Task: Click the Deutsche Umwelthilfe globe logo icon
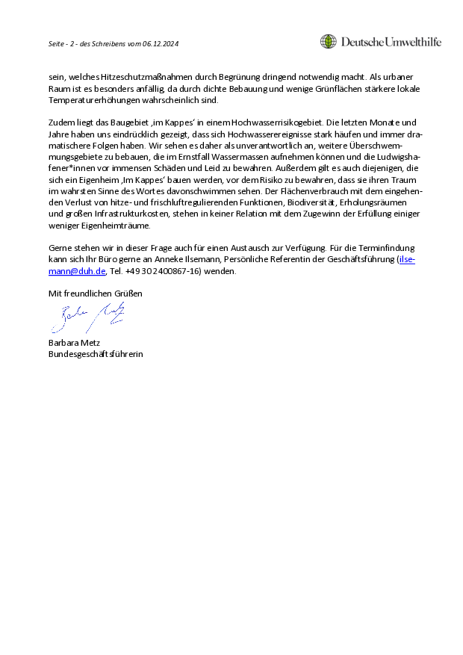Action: pos(328,42)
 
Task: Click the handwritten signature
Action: pos(86,318)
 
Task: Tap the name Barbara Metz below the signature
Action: pos(75,344)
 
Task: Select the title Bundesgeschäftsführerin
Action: pos(96,354)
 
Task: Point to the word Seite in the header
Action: pos(57,43)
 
